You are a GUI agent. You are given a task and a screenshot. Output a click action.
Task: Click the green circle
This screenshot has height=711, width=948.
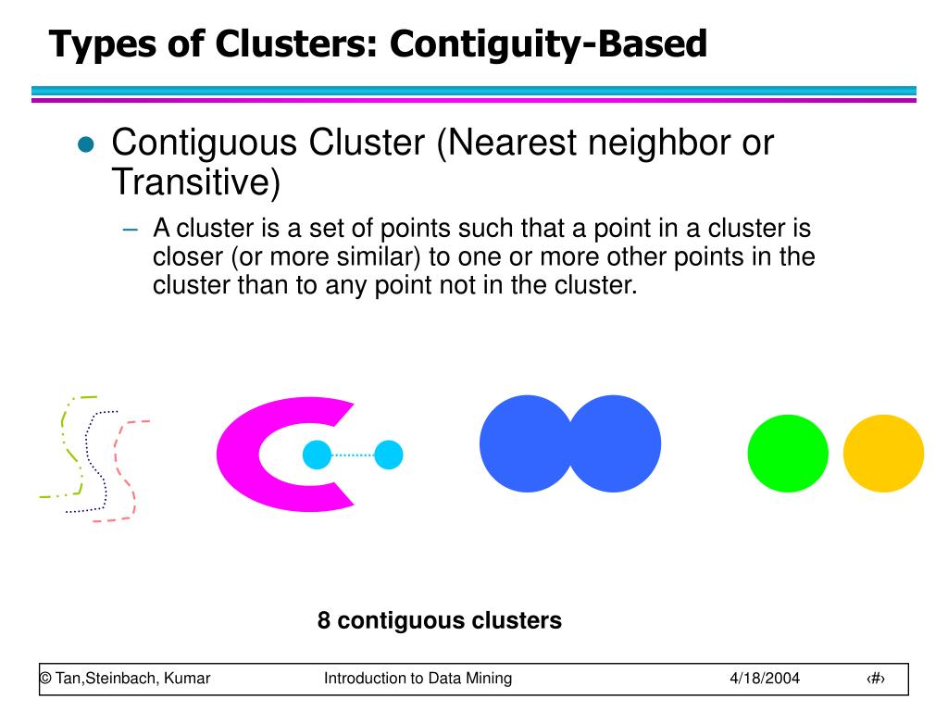[788, 454]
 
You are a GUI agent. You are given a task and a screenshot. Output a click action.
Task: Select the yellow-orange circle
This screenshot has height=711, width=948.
[883, 454]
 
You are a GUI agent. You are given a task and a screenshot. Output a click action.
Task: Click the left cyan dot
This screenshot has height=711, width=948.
[318, 455]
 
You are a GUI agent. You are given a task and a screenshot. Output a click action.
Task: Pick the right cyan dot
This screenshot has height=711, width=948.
[388, 455]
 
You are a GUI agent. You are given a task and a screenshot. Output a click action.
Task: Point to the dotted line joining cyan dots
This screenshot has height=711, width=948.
[353, 455]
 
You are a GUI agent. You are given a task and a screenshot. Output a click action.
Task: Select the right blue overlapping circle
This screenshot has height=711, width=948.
[618, 443]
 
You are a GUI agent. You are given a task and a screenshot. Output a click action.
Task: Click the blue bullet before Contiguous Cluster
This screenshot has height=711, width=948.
[86, 144]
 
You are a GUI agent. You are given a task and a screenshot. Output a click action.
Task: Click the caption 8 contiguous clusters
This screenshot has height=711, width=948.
[439, 620]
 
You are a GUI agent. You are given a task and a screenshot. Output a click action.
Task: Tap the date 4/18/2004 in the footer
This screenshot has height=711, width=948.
[764, 679]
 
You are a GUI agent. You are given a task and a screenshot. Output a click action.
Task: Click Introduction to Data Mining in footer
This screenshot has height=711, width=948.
[418, 679]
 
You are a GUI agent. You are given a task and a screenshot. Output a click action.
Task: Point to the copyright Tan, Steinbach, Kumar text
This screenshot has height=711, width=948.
[125, 679]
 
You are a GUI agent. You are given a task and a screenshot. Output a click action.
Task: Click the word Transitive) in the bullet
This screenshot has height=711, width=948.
[195, 182]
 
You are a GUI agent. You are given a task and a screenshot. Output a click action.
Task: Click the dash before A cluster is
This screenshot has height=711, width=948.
[133, 230]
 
